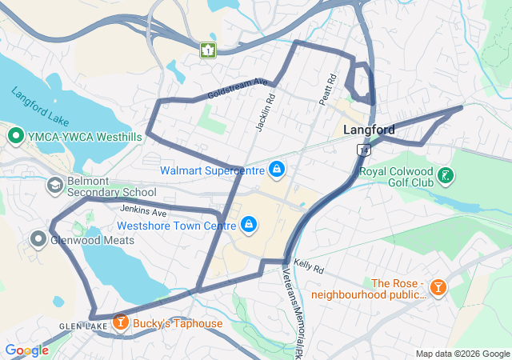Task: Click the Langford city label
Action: (369, 130)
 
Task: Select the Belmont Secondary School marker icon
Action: (54, 186)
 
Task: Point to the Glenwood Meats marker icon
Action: (38, 238)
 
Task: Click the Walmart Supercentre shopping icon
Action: (277, 169)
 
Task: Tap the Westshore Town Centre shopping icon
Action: (248, 224)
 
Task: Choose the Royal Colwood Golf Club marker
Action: (446, 175)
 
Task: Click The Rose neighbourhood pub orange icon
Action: (438, 286)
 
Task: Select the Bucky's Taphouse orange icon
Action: (120, 322)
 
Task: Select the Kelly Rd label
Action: (307, 264)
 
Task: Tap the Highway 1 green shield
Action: (208, 50)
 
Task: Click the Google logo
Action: (26, 350)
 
